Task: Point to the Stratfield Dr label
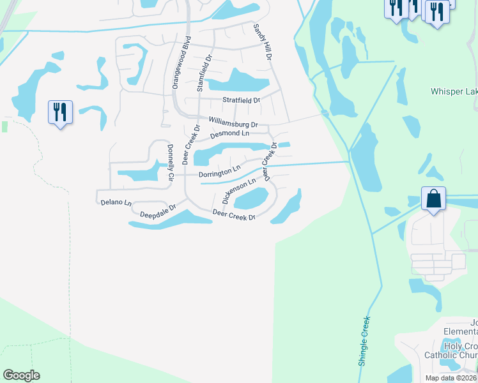click(x=241, y=100)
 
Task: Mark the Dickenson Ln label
click(x=238, y=190)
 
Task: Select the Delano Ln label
click(x=116, y=203)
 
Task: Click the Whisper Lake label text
click(x=454, y=92)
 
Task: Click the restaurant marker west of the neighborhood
click(x=61, y=112)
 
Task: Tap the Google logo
click(x=21, y=375)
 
